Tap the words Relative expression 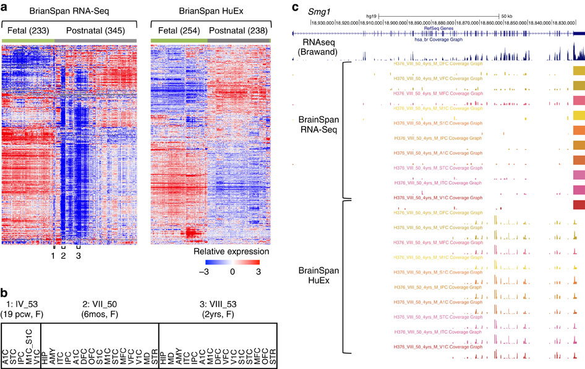click(x=229, y=253)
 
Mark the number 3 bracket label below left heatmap click(x=79, y=256)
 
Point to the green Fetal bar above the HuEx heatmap click(x=179, y=40)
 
